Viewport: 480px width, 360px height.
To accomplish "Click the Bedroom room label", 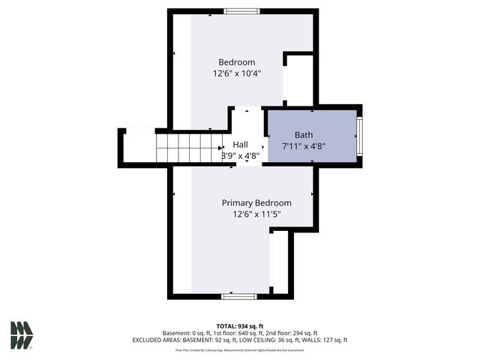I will click(237, 62).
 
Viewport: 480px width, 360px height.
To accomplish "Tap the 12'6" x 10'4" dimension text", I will click(237, 73).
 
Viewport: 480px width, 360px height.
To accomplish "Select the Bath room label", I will click(303, 134).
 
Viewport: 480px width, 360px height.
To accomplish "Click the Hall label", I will click(240, 145).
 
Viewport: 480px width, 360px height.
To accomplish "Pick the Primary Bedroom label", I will click(256, 203).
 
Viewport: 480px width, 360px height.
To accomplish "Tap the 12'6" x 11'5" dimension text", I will click(256, 214).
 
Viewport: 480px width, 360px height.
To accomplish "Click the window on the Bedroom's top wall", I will click(241, 11).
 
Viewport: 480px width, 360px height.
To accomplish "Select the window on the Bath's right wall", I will click(359, 136).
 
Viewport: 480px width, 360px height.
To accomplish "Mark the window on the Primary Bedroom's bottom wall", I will click(239, 296).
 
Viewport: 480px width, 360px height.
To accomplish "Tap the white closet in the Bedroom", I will click(298, 79).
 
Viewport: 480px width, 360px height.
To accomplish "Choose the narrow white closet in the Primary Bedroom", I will click(279, 262).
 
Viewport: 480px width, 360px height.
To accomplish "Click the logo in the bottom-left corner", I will click(21, 335).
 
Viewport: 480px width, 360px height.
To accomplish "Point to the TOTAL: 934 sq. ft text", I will click(240, 326).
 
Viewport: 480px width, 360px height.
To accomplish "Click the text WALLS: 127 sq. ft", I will click(325, 340).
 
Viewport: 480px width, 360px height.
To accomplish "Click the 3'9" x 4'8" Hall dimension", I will click(240, 156).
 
